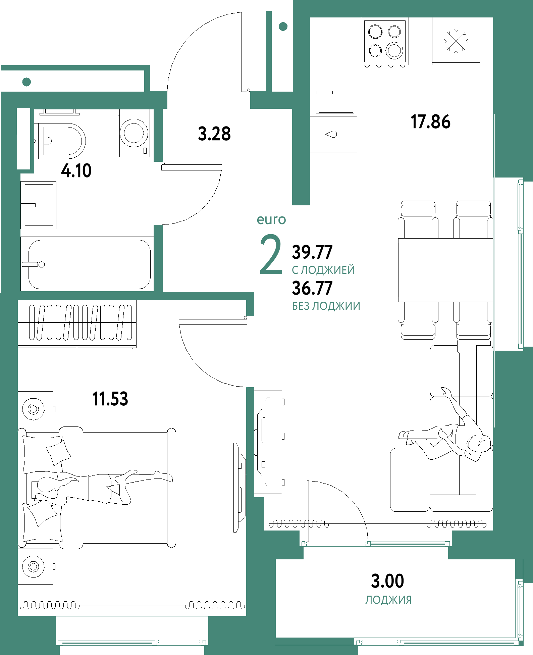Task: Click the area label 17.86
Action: pos(430,122)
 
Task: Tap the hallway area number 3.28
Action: pos(214,134)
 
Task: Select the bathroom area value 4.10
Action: pos(76,171)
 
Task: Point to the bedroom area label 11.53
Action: pos(110,399)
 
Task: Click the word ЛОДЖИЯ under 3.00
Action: pos(388,600)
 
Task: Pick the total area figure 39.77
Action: pos(312,252)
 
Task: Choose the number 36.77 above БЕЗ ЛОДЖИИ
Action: pos(312,288)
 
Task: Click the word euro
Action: pos(271,220)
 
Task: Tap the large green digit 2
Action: pos(271,254)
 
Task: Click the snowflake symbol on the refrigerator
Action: pos(456,41)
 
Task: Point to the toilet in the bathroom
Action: pos(60,141)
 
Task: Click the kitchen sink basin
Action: pos(335,93)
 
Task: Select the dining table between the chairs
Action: pos(445,270)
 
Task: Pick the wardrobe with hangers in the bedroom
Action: pos(77,324)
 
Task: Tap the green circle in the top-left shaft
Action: pos(26,82)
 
